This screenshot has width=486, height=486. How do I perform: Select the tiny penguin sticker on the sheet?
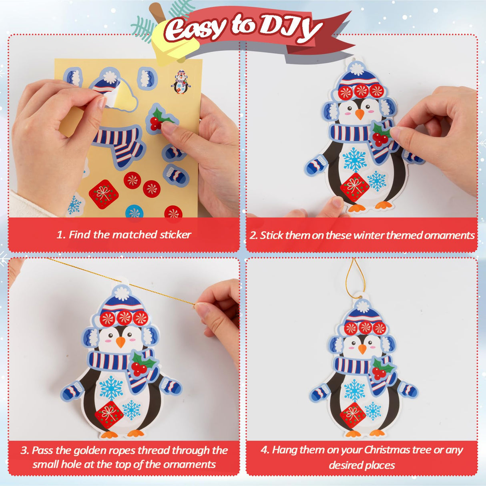[x=181, y=82]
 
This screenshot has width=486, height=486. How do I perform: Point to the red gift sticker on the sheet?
[x=103, y=194]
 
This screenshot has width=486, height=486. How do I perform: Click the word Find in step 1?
[x=80, y=235]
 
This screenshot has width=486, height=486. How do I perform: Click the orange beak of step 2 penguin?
[x=360, y=114]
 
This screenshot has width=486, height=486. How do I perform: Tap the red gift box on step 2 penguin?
[x=354, y=186]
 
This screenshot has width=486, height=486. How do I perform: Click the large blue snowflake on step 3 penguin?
[x=111, y=388]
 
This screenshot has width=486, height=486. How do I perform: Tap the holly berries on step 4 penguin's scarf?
[x=379, y=372]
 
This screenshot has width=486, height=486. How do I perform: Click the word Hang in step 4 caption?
[x=284, y=450]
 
